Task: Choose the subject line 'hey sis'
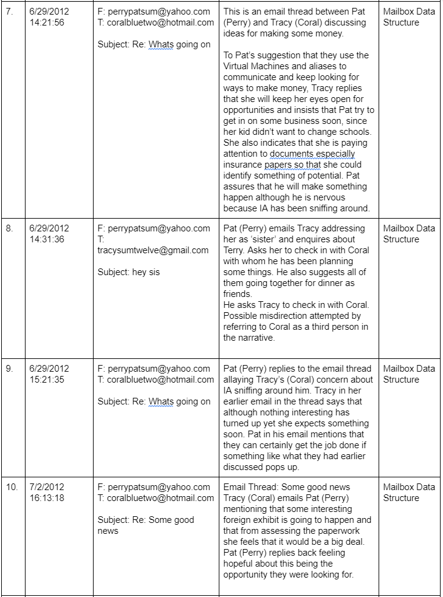click(129, 272)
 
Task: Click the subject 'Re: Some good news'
click(146, 525)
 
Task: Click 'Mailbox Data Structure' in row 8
click(409, 234)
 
